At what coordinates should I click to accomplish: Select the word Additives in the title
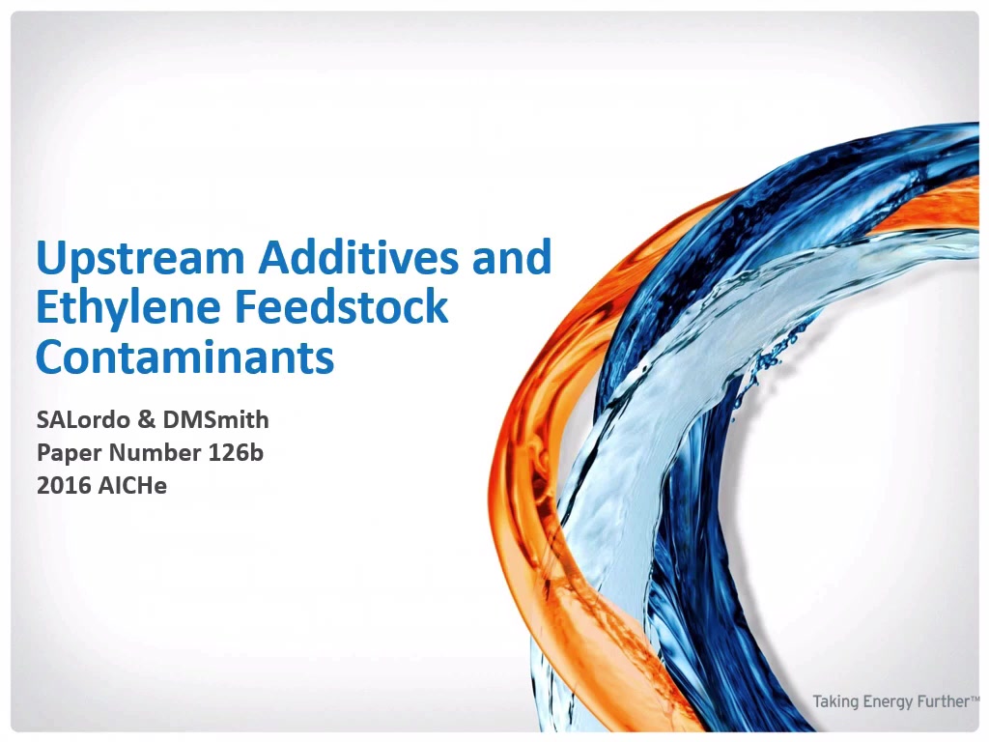[x=358, y=256]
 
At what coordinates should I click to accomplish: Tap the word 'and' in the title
[x=512, y=256]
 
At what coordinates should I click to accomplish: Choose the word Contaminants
[x=184, y=357]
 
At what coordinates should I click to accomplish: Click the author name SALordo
[x=83, y=419]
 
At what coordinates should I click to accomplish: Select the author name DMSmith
[x=215, y=419]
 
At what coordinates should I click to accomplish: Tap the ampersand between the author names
[x=147, y=419]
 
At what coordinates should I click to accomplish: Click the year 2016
[x=64, y=485]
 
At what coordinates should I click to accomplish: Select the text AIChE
[x=132, y=485]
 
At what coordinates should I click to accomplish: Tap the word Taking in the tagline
[x=835, y=702]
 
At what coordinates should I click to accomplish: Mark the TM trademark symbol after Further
[x=975, y=698]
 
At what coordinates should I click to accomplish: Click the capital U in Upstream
[x=50, y=257]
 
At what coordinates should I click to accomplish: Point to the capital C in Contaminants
[x=51, y=357]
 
